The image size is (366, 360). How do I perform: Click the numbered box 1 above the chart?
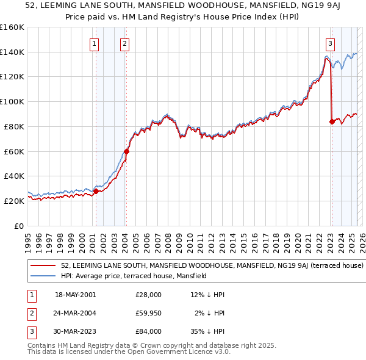click(x=95, y=43)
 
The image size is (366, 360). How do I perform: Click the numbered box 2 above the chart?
click(x=124, y=43)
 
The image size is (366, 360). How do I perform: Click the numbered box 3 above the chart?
click(x=330, y=43)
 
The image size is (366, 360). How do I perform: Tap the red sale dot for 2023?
click(x=332, y=121)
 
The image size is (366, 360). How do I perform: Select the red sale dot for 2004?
click(x=126, y=151)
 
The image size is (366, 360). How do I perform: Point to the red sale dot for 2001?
click(x=96, y=191)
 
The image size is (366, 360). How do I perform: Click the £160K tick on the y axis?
click(x=12, y=27)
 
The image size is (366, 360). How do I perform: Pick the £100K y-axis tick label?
click(x=12, y=102)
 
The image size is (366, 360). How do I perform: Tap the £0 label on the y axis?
click(x=18, y=226)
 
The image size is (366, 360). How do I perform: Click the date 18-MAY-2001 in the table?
click(x=75, y=295)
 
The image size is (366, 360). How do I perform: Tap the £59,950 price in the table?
click(x=148, y=313)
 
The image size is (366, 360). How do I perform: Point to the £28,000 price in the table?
click(x=148, y=295)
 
